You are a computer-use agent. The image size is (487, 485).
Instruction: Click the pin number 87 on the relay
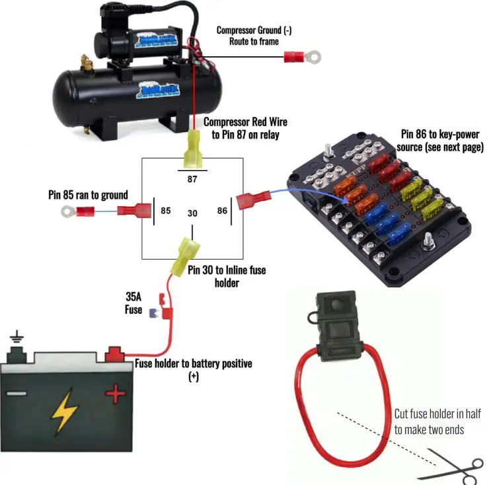click(x=192, y=178)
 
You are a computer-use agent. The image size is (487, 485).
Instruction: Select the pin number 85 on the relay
click(x=165, y=211)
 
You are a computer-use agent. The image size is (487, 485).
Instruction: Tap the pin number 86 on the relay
click(x=221, y=211)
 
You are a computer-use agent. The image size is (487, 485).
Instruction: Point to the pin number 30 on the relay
click(x=192, y=213)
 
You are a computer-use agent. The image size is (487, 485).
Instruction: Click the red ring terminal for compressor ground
click(x=302, y=57)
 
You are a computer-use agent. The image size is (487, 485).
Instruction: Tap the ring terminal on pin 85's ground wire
click(x=67, y=211)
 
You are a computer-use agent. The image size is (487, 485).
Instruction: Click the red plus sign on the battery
click(x=116, y=395)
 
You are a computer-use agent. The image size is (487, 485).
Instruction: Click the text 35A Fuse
click(x=133, y=303)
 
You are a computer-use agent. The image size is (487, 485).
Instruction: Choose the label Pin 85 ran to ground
click(x=88, y=195)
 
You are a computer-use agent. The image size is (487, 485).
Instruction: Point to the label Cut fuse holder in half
click(x=437, y=422)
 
